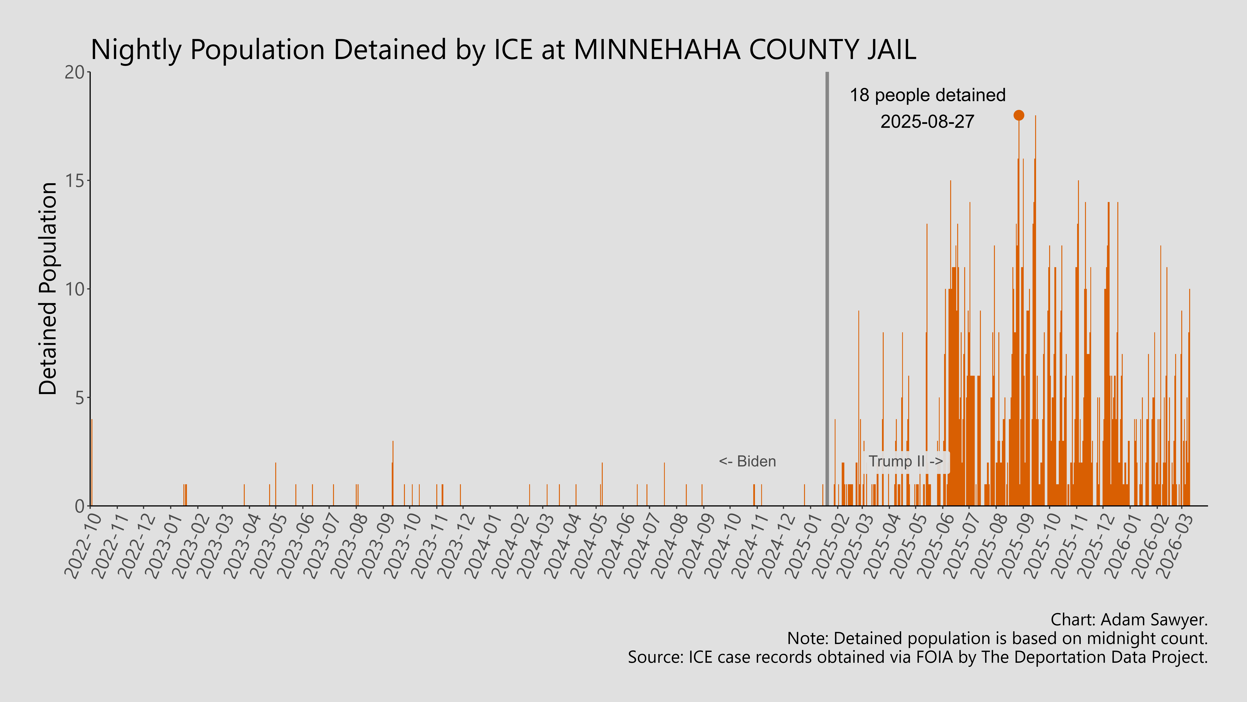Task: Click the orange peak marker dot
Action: (x=1019, y=115)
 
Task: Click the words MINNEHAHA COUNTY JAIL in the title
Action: (x=745, y=50)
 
